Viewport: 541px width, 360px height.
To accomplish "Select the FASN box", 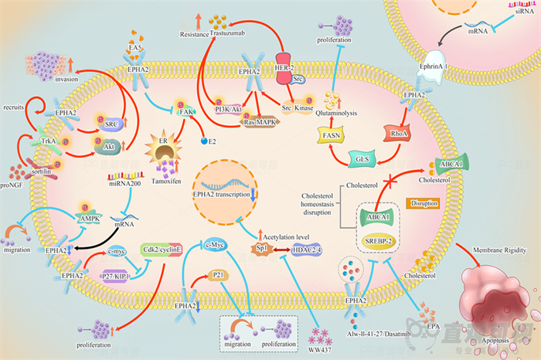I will [x=329, y=136].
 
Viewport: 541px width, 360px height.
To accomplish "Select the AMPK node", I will [x=90, y=218].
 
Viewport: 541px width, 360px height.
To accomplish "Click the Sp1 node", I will [x=264, y=249].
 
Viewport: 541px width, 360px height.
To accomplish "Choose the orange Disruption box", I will [x=426, y=203].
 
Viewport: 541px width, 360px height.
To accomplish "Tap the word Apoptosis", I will [x=492, y=338].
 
